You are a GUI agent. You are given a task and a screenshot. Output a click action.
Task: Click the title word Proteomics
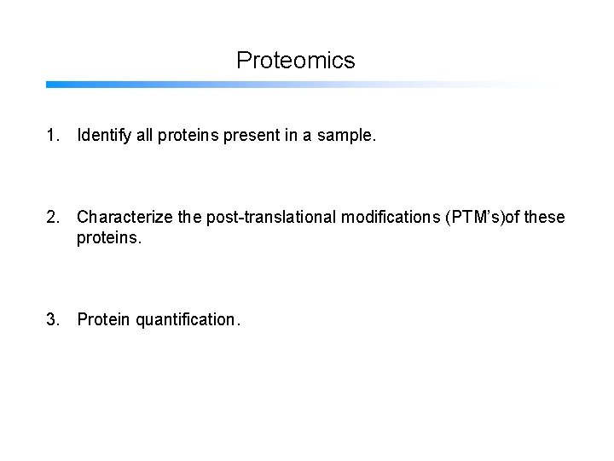tap(295, 61)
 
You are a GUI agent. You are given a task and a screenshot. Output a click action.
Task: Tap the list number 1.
tap(53, 134)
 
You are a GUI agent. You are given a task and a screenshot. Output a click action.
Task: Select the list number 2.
tap(53, 218)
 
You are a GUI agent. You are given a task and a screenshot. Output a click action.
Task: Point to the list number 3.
tap(53, 320)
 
